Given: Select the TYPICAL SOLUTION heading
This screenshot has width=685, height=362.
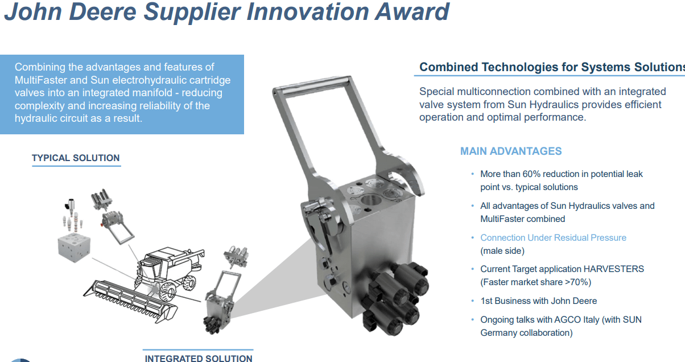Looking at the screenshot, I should tap(76, 158).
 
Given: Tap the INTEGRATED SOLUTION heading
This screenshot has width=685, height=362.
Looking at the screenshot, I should tap(199, 358).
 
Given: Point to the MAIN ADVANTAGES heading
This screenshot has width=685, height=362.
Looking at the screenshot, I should tap(511, 151).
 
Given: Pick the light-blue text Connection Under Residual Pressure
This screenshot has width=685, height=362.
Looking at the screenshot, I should tap(553, 237).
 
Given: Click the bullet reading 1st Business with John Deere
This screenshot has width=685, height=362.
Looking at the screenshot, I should tap(538, 301).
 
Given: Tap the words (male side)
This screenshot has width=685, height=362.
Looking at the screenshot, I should tap(502, 250).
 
